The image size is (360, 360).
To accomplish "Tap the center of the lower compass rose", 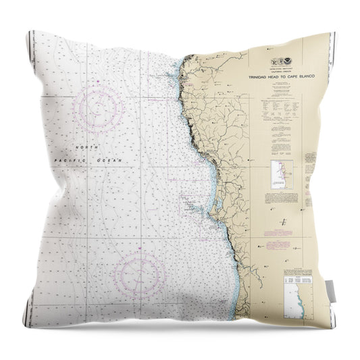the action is click(140, 275).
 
